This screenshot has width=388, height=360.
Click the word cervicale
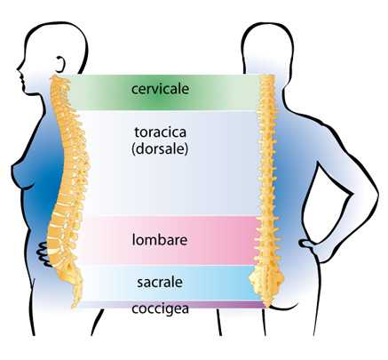pyautogui.click(x=160, y=89)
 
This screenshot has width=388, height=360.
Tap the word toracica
pyautogui.click(x=161, y=132)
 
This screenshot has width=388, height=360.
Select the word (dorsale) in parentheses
pyautogui.click(x=160, y=148)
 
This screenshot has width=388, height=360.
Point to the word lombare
pyautogui.click(x=160, y=240)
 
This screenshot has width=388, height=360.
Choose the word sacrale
pyautogui.click(x=160, y=282)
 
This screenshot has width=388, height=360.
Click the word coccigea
pyautogui.click(x=160, y=309)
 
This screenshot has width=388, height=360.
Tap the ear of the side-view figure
pyautogui.click(x=60, y=64)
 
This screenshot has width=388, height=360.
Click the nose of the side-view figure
pyautogui.click(x=19, y=72)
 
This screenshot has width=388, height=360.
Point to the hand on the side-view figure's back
pyautogui.click(x=44, y=254)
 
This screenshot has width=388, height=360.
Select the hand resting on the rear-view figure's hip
pyautogui.click(x=308, y=244)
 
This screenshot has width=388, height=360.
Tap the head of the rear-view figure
pyautogui.click(x=267, y=47)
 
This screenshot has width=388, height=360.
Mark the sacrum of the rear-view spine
pyautogui.click(x=266, y=280)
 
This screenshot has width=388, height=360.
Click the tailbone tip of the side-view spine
pyautogui.click(x=75, y=304)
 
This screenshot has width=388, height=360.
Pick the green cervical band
pyautogui.click(x=162, y=92)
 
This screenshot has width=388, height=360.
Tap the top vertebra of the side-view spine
pyautogui.click(x=55, y=79)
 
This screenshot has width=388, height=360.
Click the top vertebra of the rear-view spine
pyautogui.click(x=267, y=78)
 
